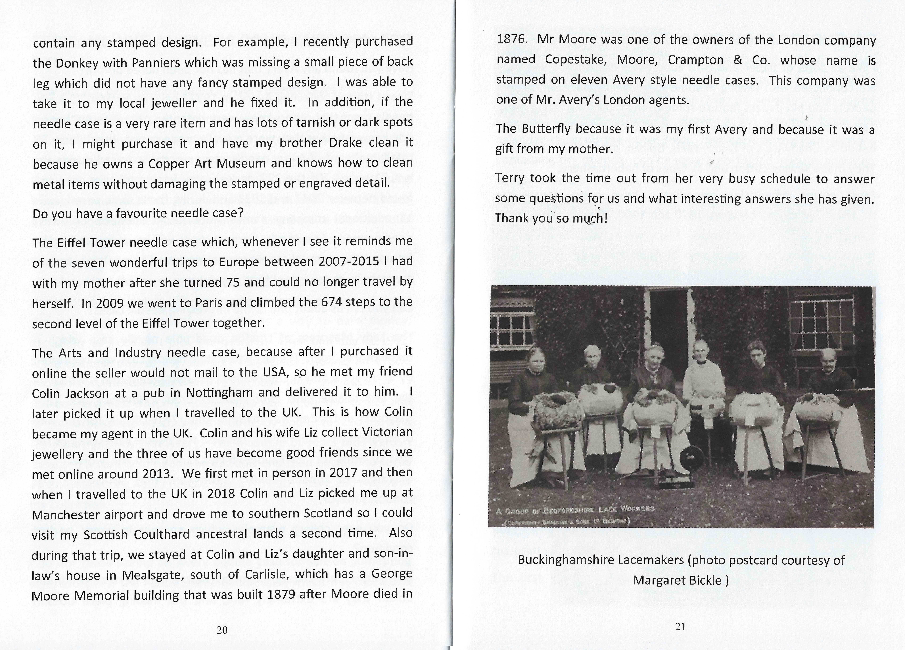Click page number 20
coord(222,630)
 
